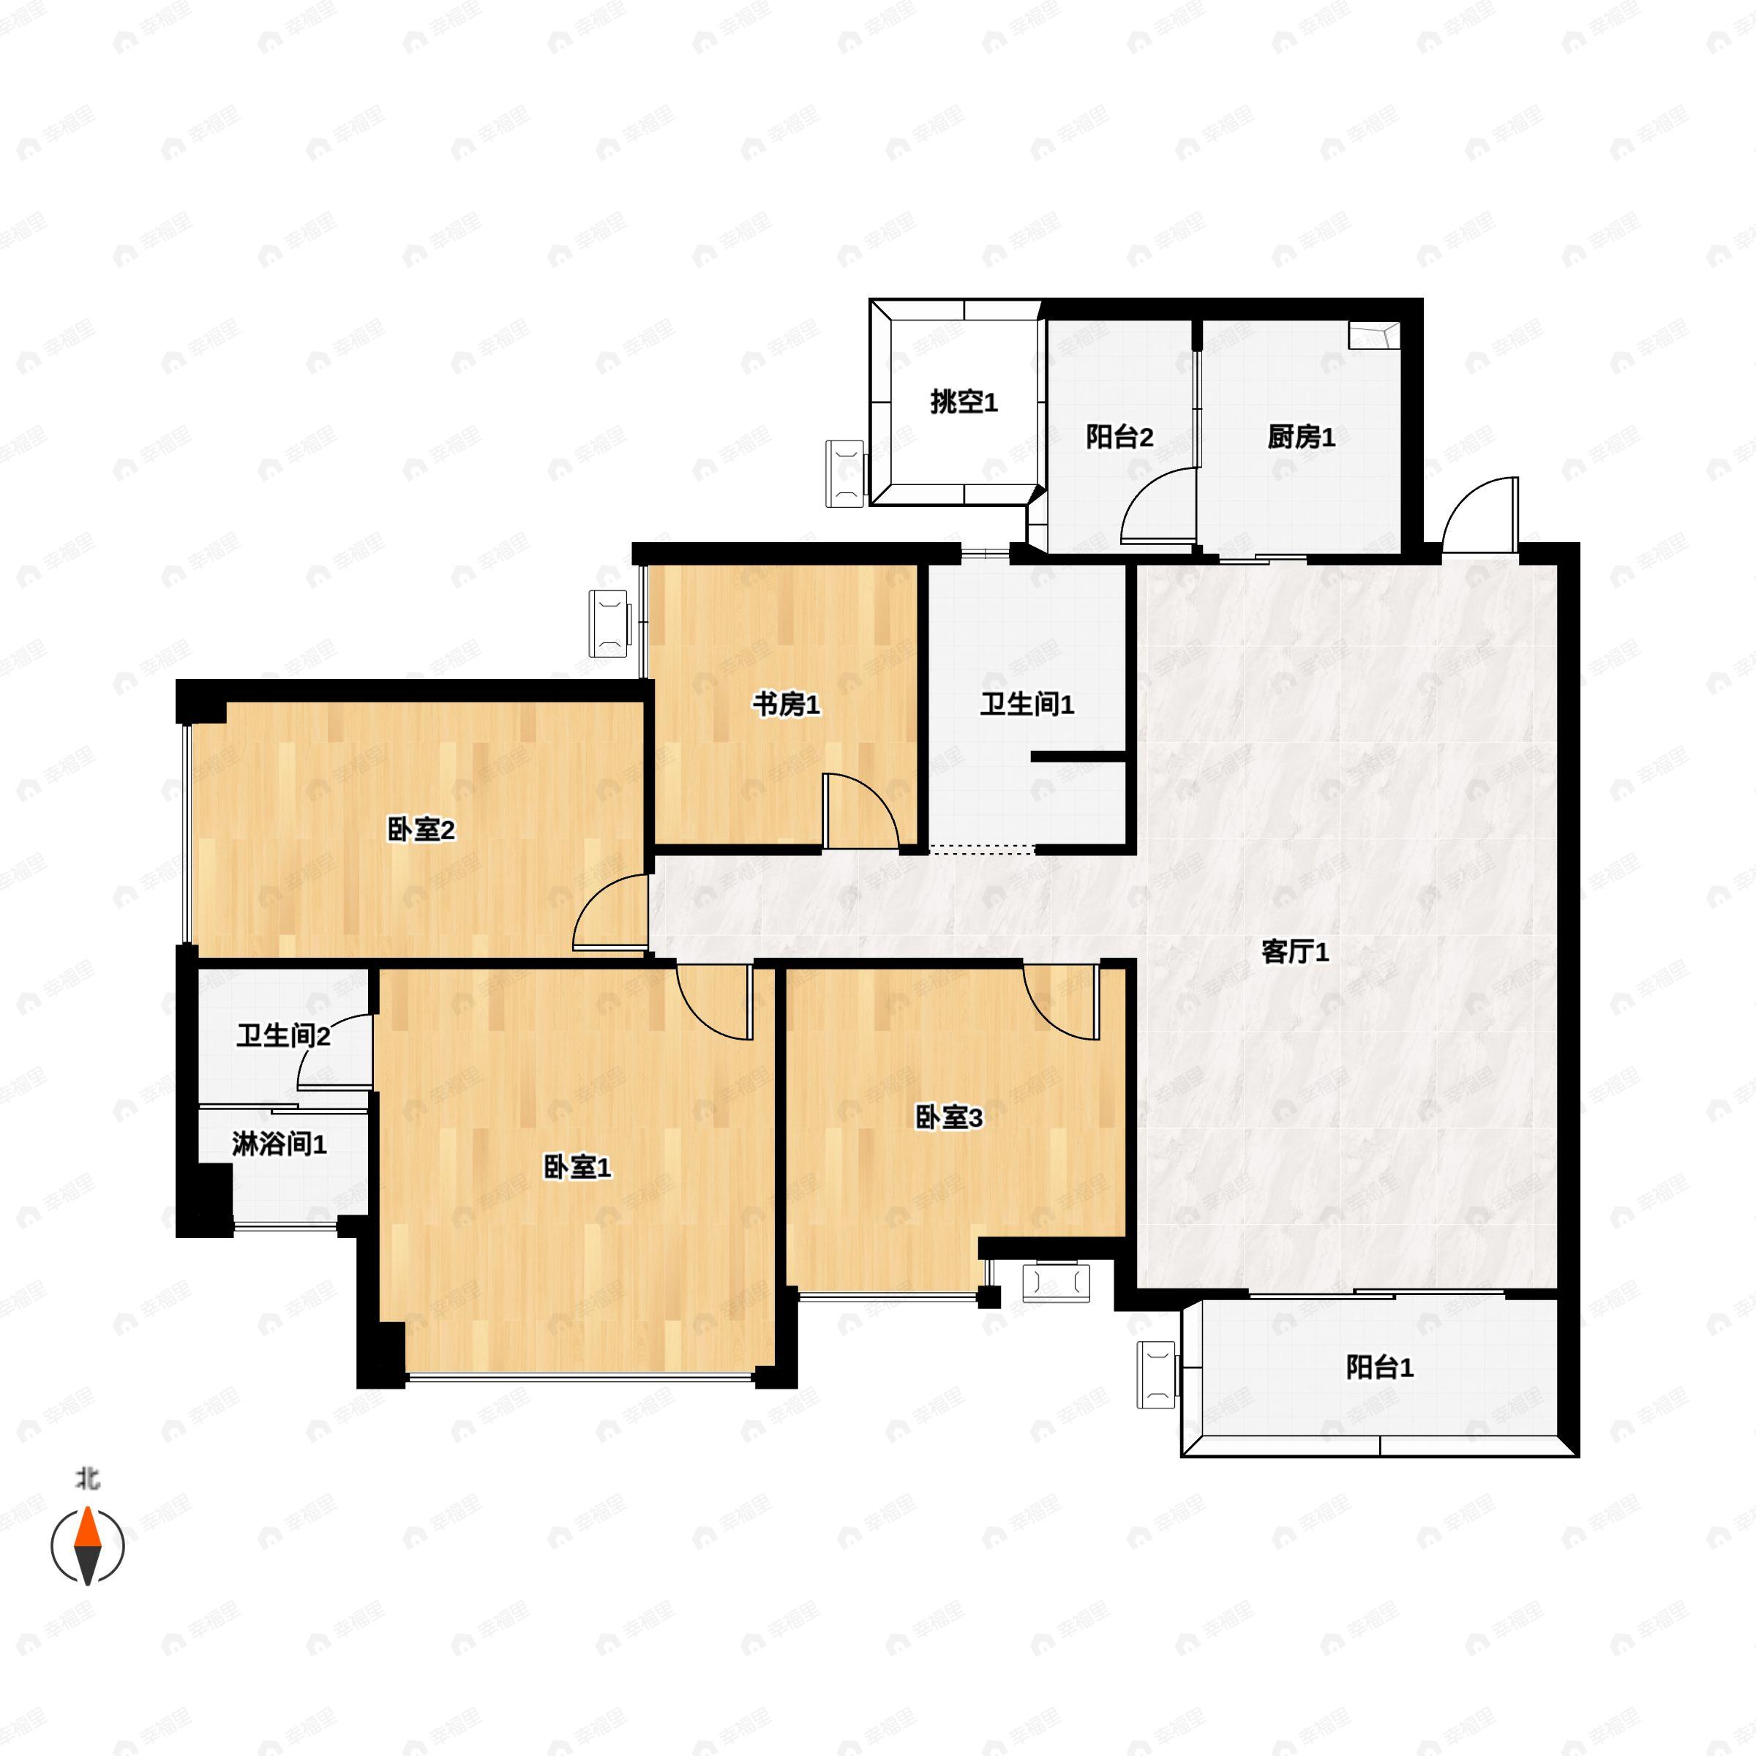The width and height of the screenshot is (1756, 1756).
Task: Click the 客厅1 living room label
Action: tap(1295, 953)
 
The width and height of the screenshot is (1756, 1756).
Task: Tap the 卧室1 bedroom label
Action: tap(577, 1167)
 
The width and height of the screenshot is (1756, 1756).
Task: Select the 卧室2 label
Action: tap(421, 829)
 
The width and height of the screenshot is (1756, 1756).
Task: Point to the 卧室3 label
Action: tap(948, 1117)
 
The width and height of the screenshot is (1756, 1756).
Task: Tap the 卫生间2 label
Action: tap(282, 1035)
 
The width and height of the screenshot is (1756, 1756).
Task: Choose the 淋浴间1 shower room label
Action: tap(279, 1144)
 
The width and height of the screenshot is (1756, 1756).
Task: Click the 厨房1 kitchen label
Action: tap(1302, 438)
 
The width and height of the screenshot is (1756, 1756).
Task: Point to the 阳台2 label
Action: tap(1119, 438)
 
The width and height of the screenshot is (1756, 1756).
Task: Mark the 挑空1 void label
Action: tap(964, 402)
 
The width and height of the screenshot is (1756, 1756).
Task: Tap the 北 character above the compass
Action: tap(87, 1479)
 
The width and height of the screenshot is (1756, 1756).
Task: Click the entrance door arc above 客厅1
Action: tap(1479, 514)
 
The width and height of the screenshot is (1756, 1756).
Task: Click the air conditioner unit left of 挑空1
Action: tap(844, 473)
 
